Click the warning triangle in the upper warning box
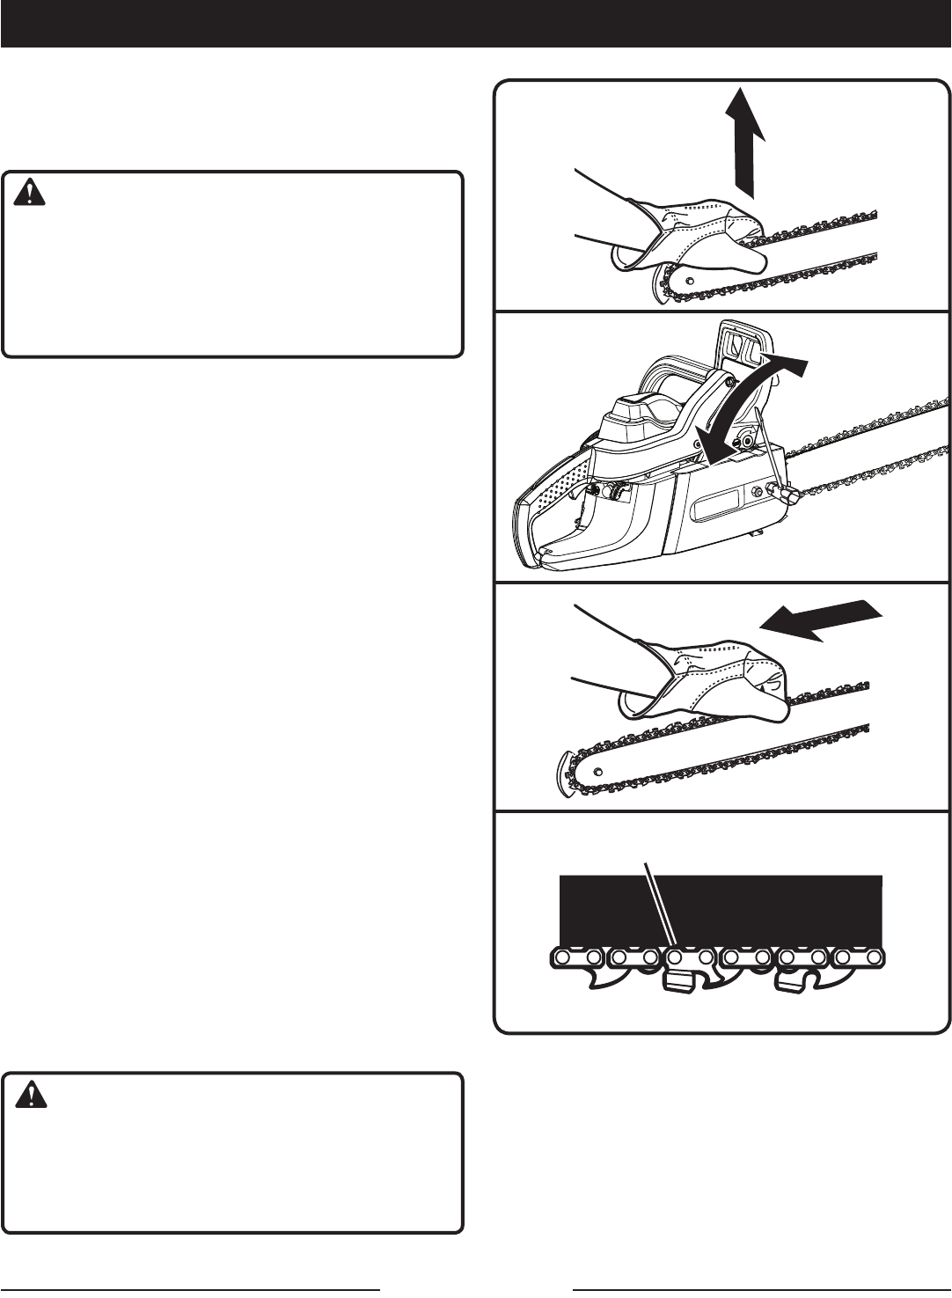(31, 192)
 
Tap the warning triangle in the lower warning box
(31, 1094)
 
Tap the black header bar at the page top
(476, 23)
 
